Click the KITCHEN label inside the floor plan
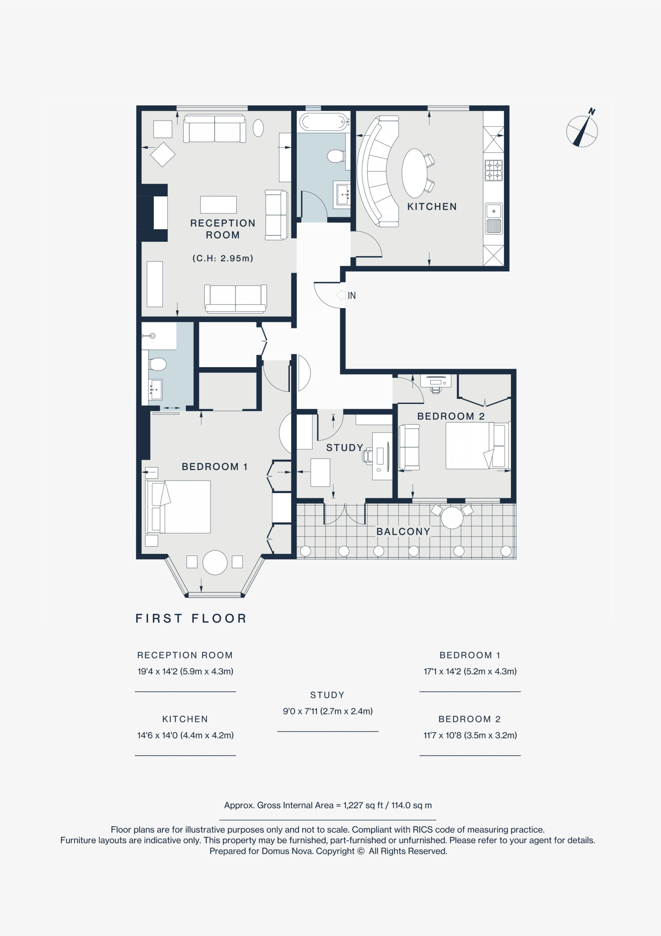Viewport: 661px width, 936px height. pos(432,207)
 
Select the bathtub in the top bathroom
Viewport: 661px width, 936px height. pos(324,121)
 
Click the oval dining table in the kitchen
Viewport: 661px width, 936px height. pos(414,173)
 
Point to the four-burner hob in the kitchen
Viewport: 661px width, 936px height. pos(494,170)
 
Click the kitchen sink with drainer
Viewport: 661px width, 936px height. pos(494,219)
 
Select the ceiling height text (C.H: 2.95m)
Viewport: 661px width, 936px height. pos(223,258)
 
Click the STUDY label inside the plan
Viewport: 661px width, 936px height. pos(344,448)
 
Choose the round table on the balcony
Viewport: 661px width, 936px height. pos(452,518)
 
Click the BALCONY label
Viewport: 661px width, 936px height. pos(403,532)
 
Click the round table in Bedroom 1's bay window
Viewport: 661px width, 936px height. pos(215,563)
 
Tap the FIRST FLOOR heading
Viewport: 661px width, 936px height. pos(191,618)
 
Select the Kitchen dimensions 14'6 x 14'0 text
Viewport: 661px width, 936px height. pos(185,735)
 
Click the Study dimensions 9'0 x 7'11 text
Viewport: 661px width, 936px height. pos(328,712)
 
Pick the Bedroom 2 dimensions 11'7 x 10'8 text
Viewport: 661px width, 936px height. pos(470,735)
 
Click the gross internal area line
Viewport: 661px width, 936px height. pos(328,805)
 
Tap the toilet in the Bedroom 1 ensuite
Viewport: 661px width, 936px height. pos(157,364)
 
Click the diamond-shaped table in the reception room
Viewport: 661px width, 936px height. pos(163,155)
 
